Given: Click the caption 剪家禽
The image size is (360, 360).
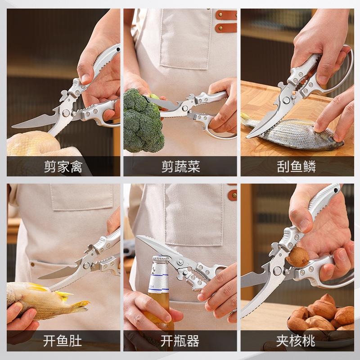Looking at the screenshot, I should tap(63, 167).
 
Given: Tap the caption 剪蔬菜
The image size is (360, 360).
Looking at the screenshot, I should tap(180, 167).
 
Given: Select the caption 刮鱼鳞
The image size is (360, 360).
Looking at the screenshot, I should tap(297, 167).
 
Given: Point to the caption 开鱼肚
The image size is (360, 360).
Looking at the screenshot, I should tap(63, 342).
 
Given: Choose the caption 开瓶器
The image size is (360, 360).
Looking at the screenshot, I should tap(180, 342).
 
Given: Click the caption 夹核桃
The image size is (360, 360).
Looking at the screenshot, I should tap(297, 342).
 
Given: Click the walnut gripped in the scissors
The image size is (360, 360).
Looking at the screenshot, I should tap(297, 257).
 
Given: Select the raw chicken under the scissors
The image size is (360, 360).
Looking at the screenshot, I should tap(31, 144).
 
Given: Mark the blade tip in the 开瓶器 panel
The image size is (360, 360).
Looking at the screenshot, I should tap(139, 238).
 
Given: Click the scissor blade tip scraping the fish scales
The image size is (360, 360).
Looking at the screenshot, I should tap(249, 135).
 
